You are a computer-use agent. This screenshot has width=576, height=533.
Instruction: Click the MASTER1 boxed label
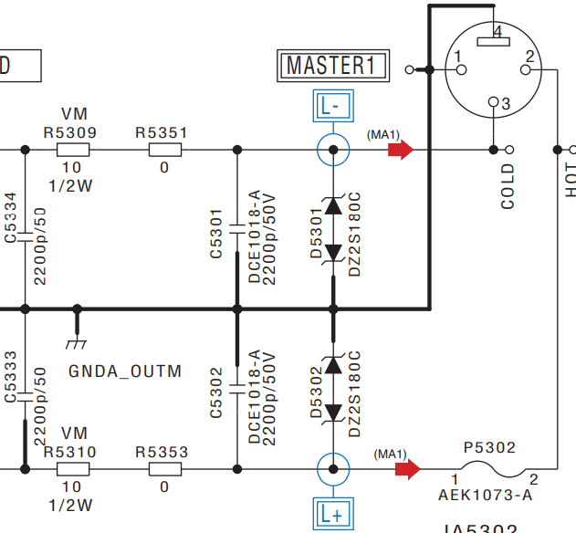pyautogui.click(x=332, y=66)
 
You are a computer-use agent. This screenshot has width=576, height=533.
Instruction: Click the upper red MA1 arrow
pyautogui.click(x=400, y=150)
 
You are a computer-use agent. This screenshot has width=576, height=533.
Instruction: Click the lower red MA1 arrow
pyautogui.click(x=407, y=469)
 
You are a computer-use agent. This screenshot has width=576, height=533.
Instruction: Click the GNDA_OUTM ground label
pyautogui.click(x=125, y=371)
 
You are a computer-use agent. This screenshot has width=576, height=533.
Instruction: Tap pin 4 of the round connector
pyautogui.click(x=497, y=34)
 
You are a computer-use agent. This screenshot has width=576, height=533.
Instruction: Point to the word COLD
pyautogui.click(x=508, y=187)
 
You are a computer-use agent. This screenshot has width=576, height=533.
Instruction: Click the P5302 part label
pyautogui.click(x=489, y=448)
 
